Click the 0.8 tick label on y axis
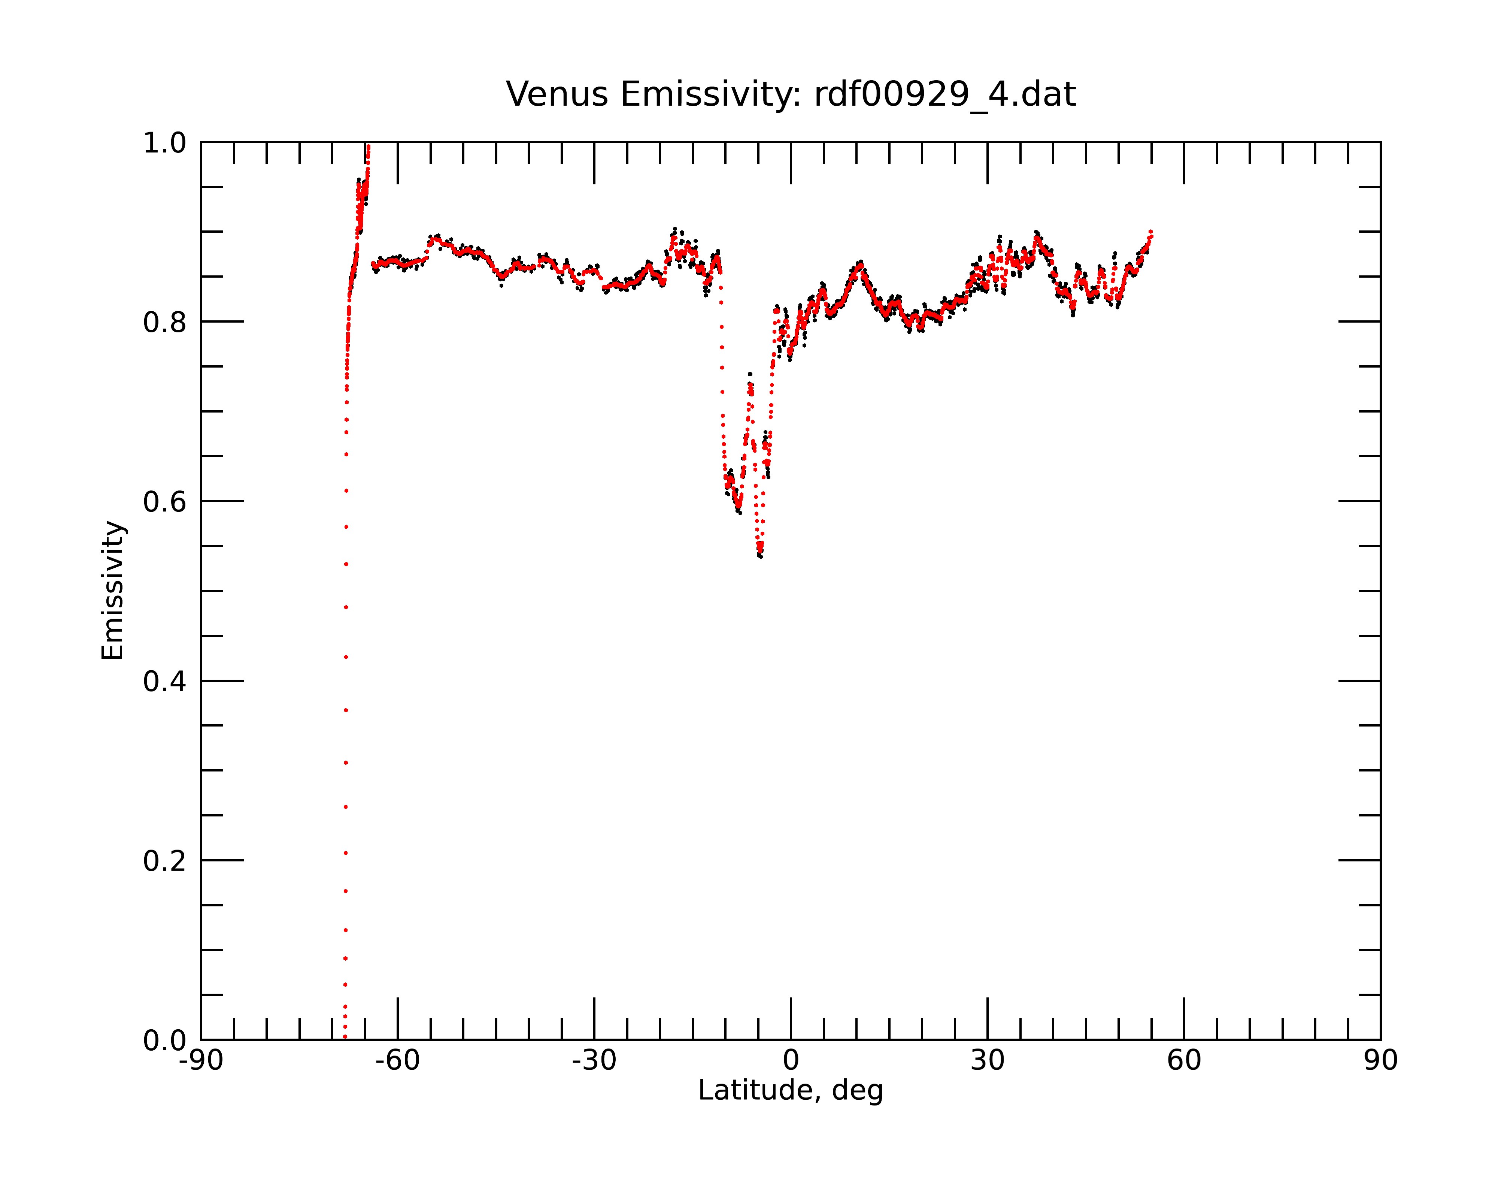tap(165, 323)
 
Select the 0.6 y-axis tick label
tap(165, 502)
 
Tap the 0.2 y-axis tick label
tap(165, 861)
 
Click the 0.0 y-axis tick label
tap(165, 1041)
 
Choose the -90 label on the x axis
tap(201, 1061)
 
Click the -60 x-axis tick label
tap(397, 1061)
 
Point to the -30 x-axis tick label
tap(594, 1061)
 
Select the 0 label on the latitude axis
tap(791, 1061)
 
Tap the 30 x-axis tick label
tap(987, 1061)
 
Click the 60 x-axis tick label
tap(1184, 1061)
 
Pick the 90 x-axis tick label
tap(1380, 1061)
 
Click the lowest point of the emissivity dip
tap(761, 556)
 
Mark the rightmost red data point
tap(1151, 232)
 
